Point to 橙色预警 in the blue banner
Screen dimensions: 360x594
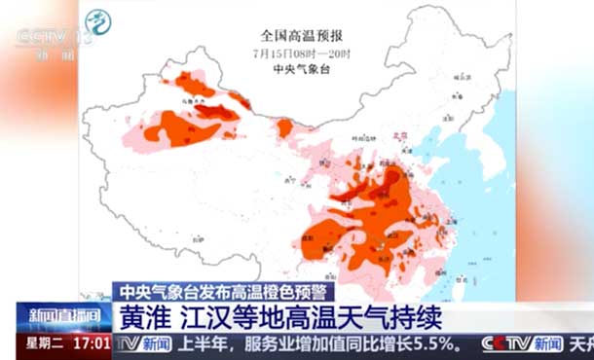click(x=297, y=291)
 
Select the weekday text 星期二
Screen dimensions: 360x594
click(x=44, y=344)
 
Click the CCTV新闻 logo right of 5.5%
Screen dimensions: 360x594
click(x=522, y=344)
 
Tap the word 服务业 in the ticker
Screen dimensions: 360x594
click(x=270, y=344)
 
